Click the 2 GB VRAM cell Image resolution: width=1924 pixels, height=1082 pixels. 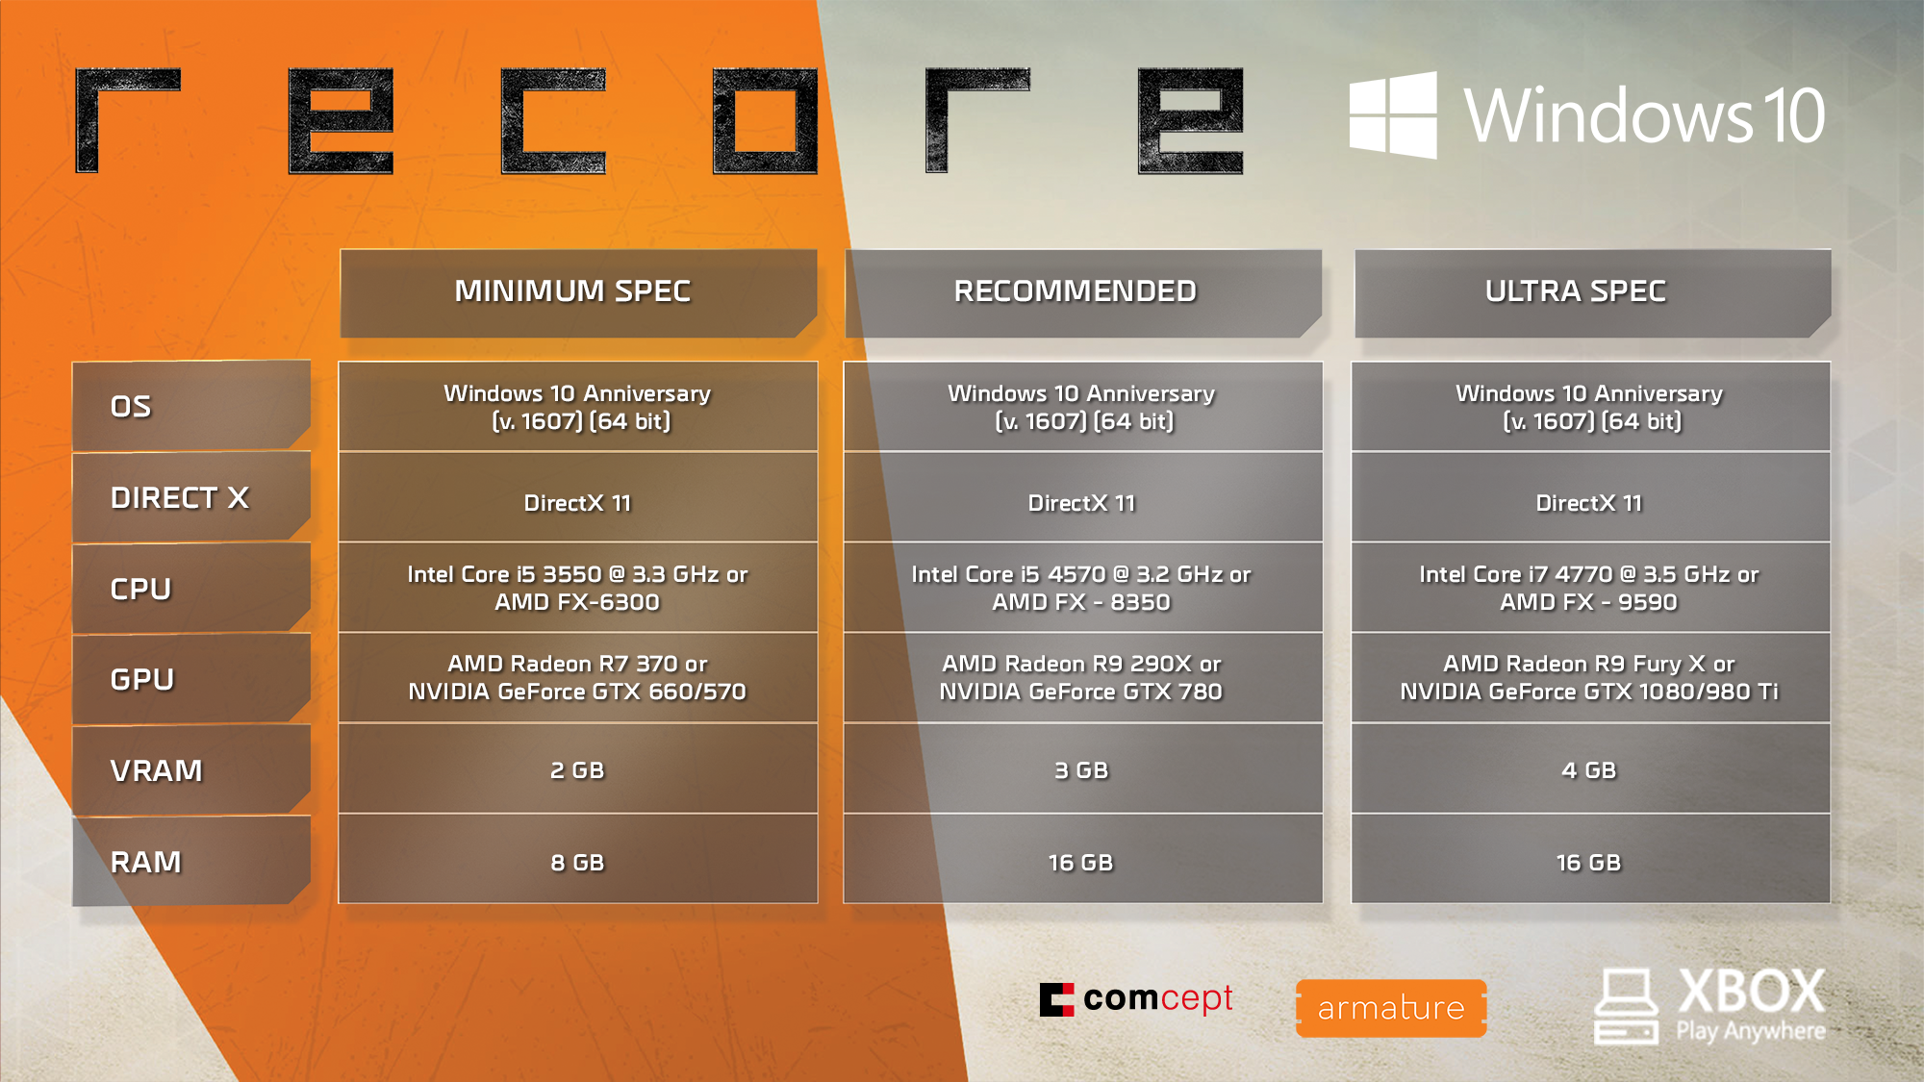[x=577, y=769]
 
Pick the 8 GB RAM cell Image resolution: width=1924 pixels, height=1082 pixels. [x=577, y=862]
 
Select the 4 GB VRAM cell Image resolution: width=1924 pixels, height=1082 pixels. [x=1590, y=769]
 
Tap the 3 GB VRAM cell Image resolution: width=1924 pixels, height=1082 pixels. [x=1082, y=769]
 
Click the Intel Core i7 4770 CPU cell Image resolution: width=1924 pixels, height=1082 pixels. [x=1590, y=588]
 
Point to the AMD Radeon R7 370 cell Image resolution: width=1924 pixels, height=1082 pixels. [x=577, y=677]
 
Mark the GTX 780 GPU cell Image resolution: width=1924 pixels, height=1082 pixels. [x=1082, y=677]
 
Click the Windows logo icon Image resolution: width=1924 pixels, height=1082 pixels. [x=1392, y=114]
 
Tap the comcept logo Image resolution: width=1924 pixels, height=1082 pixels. [x=1136, y=999]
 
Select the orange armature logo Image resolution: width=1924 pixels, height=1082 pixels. [x=1391, y=1008]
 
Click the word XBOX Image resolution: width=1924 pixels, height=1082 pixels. [x=1751, y=991]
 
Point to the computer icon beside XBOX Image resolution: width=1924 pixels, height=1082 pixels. [x=1626, y=1006]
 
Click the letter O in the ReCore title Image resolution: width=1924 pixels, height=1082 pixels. [x=765, y=121]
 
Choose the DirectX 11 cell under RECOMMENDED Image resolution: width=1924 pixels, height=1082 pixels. [x=1082, y=502]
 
